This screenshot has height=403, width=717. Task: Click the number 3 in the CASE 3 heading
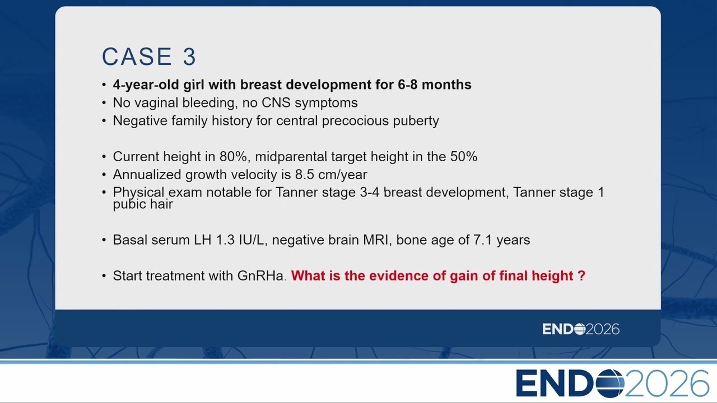[x=189, y=57]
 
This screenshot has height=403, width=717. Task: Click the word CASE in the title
[x=137, y=57]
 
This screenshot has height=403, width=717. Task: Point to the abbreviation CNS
[x=276, y=103]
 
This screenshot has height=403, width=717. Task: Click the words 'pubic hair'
[x=143, y=204]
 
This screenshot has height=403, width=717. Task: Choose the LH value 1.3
[x=225, y=240]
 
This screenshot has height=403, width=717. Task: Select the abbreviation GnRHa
[x=260, y=276]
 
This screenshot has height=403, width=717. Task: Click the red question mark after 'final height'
[x=581, y=276]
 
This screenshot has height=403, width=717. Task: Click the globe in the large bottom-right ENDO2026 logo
[x=610, y=383]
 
